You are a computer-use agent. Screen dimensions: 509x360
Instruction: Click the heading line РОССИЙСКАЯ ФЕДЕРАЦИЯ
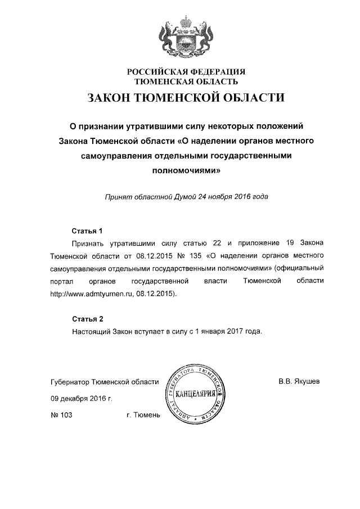[x=186, y=71]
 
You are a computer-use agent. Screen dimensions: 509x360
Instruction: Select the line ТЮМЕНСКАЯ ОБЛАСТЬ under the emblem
[x=186, y=82]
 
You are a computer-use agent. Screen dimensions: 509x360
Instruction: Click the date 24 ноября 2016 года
[x=229, y=197]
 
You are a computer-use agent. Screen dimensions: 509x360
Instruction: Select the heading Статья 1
[x=88, y=231]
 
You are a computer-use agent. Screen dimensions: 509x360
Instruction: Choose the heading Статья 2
[x=88, y=319]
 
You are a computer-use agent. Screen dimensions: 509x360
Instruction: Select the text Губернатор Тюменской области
[x=105, y=381]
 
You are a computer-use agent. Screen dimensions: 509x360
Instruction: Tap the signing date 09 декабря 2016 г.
[x=81, y=398]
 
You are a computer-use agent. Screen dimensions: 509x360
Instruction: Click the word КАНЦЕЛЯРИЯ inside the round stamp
[x=195, y=393]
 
